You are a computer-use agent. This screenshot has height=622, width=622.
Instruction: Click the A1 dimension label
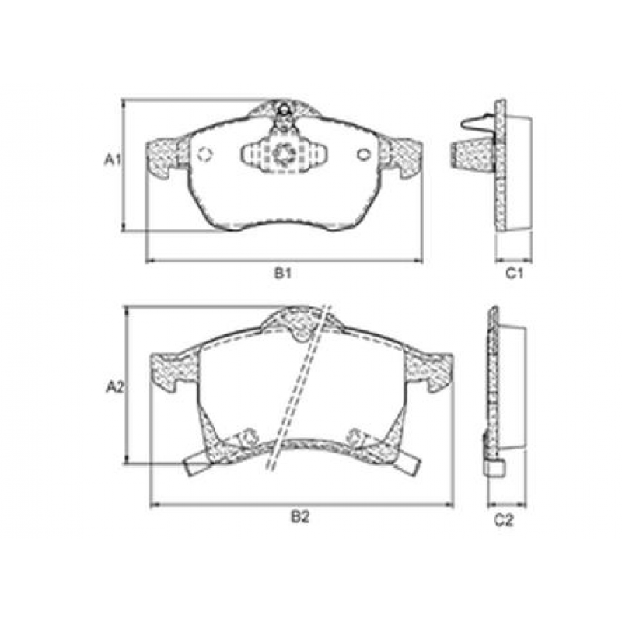point(112,160)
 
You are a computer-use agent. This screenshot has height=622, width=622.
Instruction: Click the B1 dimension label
point(283,274)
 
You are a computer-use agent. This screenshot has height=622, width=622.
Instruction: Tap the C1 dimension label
point(514,274)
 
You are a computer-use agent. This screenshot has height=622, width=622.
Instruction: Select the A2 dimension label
point(115,387)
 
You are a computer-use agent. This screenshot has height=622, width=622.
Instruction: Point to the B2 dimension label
point(300,517)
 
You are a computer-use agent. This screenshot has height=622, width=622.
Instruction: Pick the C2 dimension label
point(504,520)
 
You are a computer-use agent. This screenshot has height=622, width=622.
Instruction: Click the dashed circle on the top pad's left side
point(205,154)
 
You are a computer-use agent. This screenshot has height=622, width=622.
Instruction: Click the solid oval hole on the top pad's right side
point(363,154)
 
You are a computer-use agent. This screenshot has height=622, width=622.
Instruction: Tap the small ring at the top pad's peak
point(284,109)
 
